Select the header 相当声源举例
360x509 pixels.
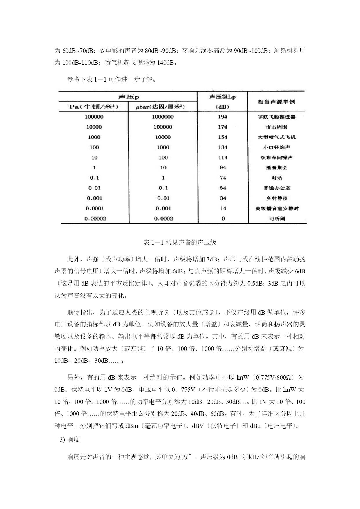pyautogui.click(x=276, y=102)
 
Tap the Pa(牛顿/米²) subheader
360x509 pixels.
pyautogui.click(x=94, y=107)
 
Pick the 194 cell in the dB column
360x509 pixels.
pyautogui.click(x=222, y=117)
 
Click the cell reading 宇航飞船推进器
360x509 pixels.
pyautogui.click(x=276, y=117)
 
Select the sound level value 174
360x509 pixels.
pyautogui.click(x=222, y=127)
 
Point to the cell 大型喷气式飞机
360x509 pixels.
pyautogui.click(x=276, y=137)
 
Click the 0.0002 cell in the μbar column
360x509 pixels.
pyautogui.click(x=163, y=219)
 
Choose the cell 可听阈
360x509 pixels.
pyautogui.click(x=277, y=219)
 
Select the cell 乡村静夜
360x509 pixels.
pyautogui.click(x=276, y=198)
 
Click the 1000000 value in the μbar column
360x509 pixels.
pyautogui.click(x=163, y=117)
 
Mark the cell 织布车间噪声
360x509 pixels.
pyautogui.click(x=276, y=158)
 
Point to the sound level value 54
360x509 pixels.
pyautogui.click(x=223, y=188)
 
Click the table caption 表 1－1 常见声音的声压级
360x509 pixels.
pyautogui.click(x=180, y=243)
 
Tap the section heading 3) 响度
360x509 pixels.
pyautogui.click(x=70, y=440)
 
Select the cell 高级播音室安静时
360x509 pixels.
pyautogui.click(x=277, y=208)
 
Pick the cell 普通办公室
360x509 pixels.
pyautogui.click(x=276, y=188)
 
